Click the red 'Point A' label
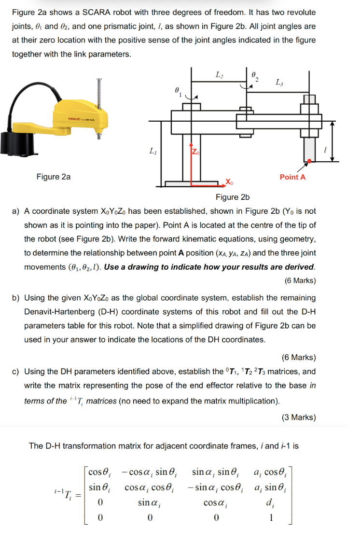tap(292, 177)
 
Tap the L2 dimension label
tap(220, 74)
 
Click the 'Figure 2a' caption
tap(54, 177)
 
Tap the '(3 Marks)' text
tap(299, 417)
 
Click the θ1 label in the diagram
tap(178, 91)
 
